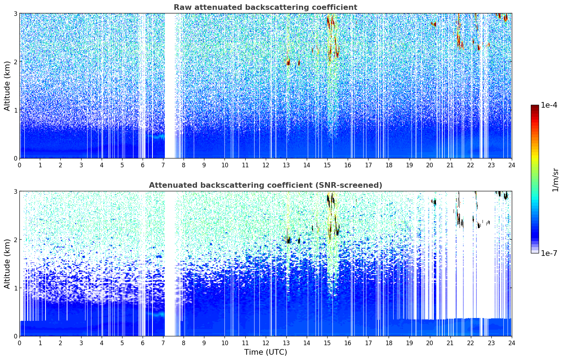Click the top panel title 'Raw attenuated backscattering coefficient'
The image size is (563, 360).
pos(265,7)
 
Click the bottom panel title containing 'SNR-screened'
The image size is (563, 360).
pos(265,185)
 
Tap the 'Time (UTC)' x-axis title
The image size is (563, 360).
pos(265,352)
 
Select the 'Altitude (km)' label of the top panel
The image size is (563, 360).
pos(7,86)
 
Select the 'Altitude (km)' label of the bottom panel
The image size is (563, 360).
pos(7,264)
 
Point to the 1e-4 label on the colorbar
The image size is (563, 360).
pos(549,105)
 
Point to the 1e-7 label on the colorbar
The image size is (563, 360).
pos(549,253)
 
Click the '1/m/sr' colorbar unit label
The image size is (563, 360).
pos(555,180)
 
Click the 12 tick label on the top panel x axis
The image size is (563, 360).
pos(265,165)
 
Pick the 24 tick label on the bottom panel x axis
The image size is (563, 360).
pos(511,343)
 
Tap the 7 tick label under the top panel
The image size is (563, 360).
pos(163,165)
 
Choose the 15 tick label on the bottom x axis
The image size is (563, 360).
pos(327,343)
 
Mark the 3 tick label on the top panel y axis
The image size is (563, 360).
pos(16,13)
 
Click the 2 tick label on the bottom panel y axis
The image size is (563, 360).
pos(16,240)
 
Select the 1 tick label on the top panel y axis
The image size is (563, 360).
pos(16,110)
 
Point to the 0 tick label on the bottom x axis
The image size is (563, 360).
pos(19,343)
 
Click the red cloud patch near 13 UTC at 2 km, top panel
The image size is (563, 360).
pos(288,63)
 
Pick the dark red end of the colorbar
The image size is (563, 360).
pos(534,107)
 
